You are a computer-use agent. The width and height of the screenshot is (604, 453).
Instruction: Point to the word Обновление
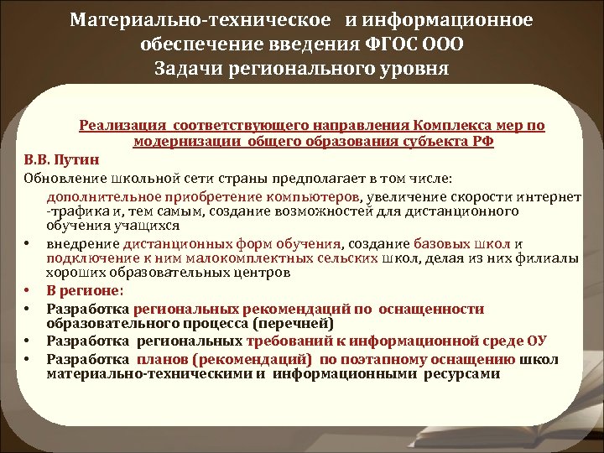[62, 178]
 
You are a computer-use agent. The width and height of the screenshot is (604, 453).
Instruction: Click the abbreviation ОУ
[537, 341]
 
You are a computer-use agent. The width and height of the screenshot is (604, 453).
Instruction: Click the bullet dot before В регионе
[28, 292]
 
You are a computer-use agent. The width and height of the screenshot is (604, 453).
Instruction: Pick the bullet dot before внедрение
[28, 244]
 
